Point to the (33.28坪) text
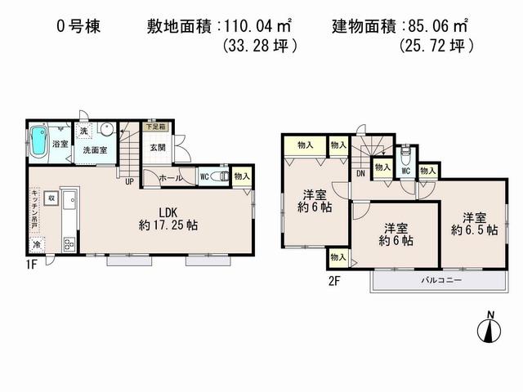pos(259,47)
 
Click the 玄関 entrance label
pos(157,148)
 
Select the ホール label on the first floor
pos(170,177)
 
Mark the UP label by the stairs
pos(128,181)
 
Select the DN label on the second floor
pos(360,174)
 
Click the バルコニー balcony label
pos(441,280)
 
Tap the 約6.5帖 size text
pos(474,231)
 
